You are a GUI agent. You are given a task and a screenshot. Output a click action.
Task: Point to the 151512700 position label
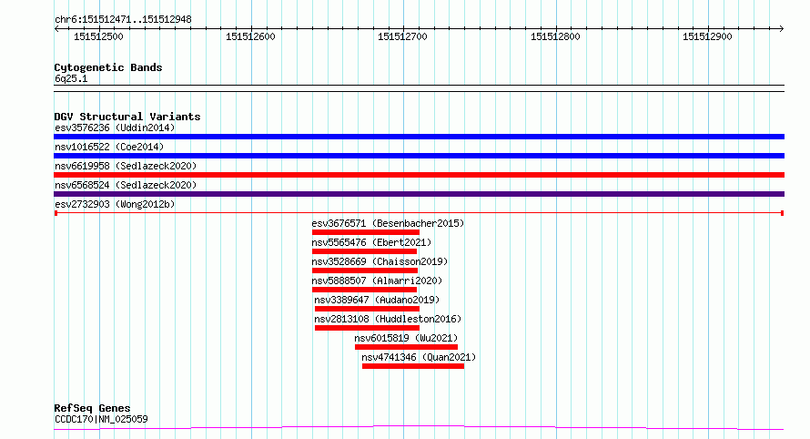click(x=403, y=36)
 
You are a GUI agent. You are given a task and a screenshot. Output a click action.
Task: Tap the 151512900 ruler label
click(x=707, y=36)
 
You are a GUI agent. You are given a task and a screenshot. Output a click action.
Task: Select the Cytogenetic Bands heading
click(x=108, y=67)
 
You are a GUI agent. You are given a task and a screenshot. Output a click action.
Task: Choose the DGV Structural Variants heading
click(x=127, y=117)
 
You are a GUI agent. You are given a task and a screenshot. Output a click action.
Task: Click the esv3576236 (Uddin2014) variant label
click(x=115, y=128)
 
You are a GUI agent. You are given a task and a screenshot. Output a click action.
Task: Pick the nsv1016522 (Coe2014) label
click(x=109, y=147)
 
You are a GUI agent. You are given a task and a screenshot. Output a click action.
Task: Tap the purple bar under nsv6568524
click(x=419, y=194)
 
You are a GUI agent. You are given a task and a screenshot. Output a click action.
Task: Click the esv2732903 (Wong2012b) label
click(x=115, y=204)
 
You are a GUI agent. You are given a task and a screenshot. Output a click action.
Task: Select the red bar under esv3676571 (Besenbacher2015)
click(x=365, y=232)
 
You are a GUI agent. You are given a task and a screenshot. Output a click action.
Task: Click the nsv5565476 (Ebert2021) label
click(x=371, y=242)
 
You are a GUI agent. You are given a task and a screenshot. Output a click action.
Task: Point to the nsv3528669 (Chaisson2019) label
click(x=380, y=261)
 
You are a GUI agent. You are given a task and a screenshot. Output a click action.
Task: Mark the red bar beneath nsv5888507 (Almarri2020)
click(x=364, y=290)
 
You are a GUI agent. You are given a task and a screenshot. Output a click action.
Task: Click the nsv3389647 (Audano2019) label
click(x=377, y=300)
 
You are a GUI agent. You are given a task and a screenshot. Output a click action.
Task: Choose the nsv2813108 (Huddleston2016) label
click(x=388, y=319)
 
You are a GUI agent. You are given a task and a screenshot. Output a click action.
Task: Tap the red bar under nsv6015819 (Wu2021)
click(x=406, y=347)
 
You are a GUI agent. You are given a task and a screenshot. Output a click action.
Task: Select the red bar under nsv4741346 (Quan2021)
click(x=412, y=366)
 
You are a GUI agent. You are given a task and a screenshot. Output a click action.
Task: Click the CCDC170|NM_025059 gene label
click(x=101, y=419)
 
